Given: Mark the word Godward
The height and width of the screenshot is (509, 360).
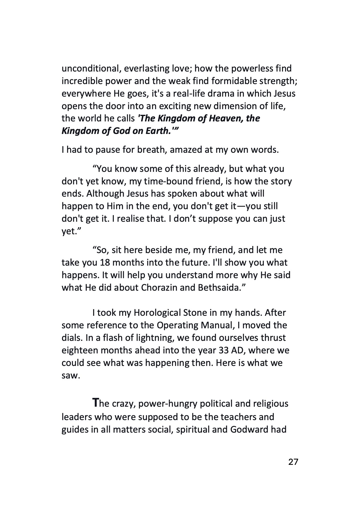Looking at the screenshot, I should point(249,429).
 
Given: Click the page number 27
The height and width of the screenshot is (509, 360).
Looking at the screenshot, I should point(293,462).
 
